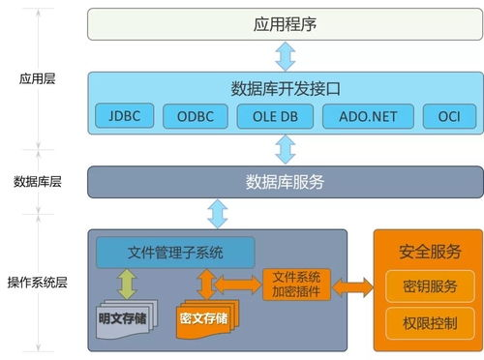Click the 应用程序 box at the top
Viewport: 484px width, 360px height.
click(284, 24)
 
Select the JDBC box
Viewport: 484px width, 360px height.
click(126, 117)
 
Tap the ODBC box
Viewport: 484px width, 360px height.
click(195, 117)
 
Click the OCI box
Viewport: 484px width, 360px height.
click(449, 117)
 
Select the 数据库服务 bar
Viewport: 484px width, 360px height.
click(284, 181)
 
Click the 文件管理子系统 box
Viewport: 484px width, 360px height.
click(175, 254)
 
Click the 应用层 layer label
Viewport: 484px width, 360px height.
click(38, 79)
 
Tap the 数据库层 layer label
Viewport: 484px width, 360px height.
click(38, 181)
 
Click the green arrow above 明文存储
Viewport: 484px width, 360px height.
click(126, 285)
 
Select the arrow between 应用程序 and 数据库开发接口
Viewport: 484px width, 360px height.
click(285, 52)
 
